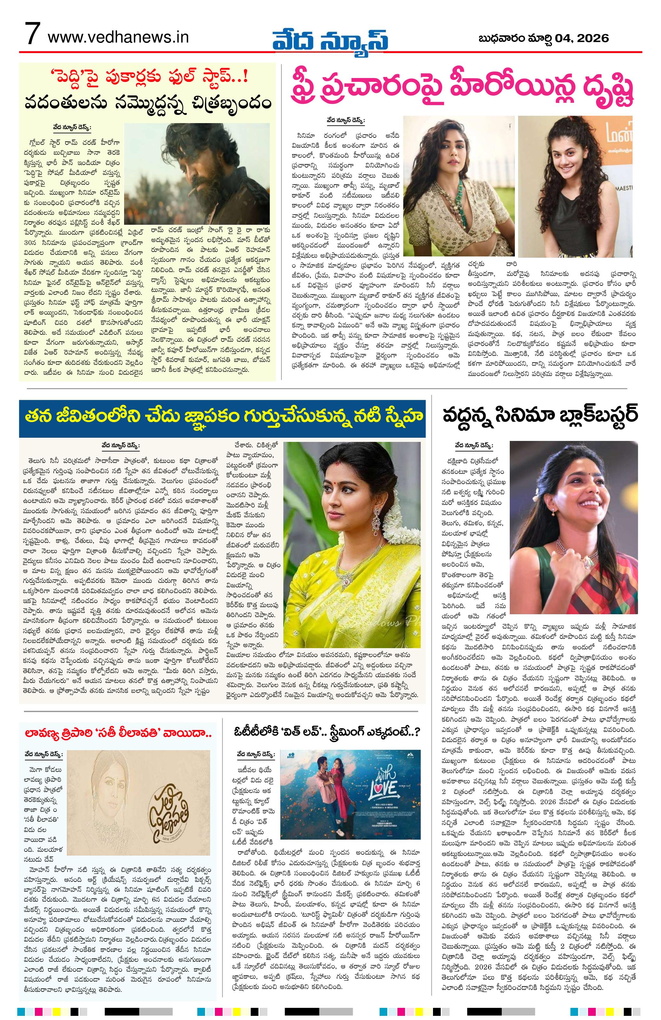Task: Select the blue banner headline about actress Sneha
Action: tap(222, 416)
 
